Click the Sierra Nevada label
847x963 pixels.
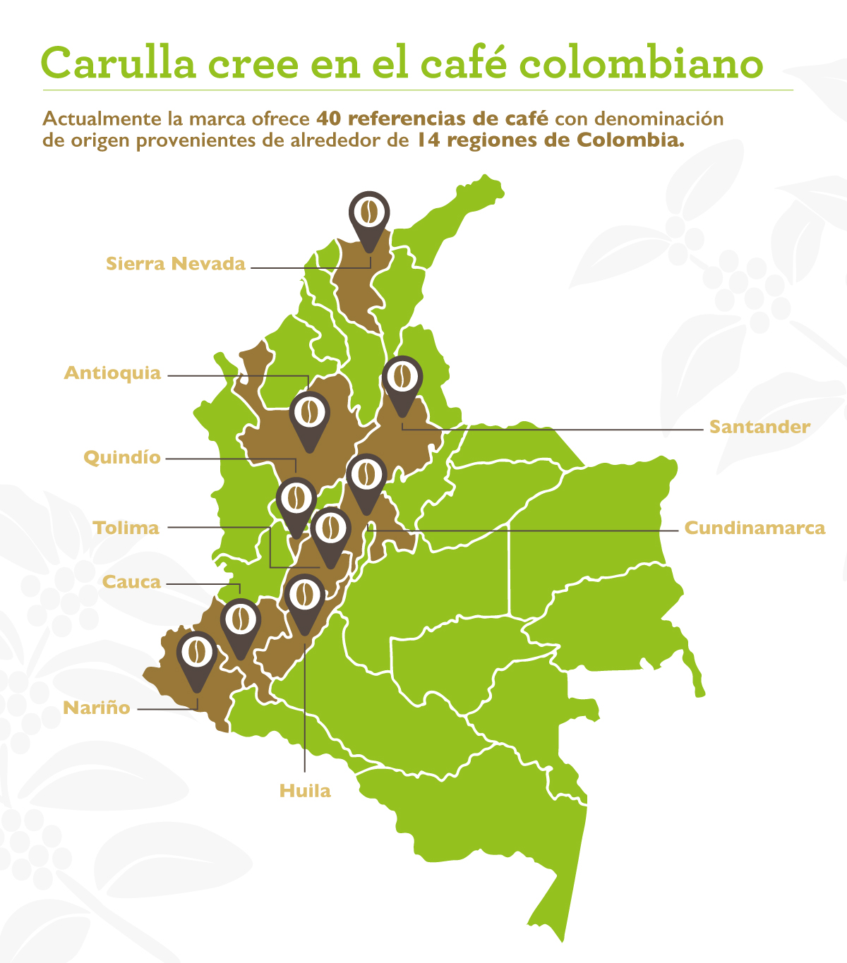[x=176, y=264]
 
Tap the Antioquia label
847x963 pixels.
[x=113, y=373]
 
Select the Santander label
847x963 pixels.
[x=759, y=427]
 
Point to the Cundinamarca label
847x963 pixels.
[x=755, y=528]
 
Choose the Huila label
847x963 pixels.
[x=305, y=791]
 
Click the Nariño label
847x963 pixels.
[x=97, y=708]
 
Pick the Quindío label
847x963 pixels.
[x=122, y=458]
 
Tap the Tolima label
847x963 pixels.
[x=126, y=528]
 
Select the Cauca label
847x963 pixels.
[x=131, y=582]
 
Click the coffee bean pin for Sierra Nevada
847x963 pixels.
[x=369, y=212]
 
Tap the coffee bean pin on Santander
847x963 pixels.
[x=402, y=378]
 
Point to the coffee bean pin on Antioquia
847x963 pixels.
[x=309, y=413]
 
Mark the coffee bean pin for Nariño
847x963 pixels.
[x=197, y=654]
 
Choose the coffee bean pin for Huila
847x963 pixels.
[x=304, y=595]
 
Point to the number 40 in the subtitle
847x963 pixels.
[x=329, y=118]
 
